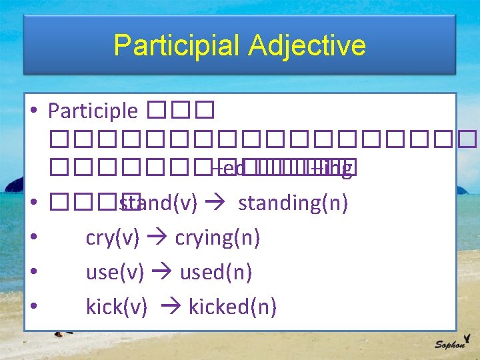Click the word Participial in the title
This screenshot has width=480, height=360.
click(x=177, y=45)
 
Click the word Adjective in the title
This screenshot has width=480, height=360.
click(x=307, y=45)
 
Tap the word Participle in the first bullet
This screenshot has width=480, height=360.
click(x=93, y=111)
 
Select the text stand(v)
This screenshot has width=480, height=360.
click(x=157, y=203)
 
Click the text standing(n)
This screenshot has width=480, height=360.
click(x=293, y=203)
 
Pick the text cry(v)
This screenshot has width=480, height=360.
click(x=112, y=237)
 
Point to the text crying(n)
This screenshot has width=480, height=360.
click(x=217, y=237)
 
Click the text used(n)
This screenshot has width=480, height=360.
click(x=216, y=272)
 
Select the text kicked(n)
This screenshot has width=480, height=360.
click(x=233, y=307)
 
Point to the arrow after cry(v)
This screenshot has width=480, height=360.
click(x=157, y=238)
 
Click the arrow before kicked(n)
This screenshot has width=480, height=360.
click(x=169, y=307)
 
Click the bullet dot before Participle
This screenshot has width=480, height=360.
click(x=33, y=111)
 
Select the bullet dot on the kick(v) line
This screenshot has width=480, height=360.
click(x=33, y=307)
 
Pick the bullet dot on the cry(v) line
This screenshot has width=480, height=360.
click(x=33, y=237)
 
